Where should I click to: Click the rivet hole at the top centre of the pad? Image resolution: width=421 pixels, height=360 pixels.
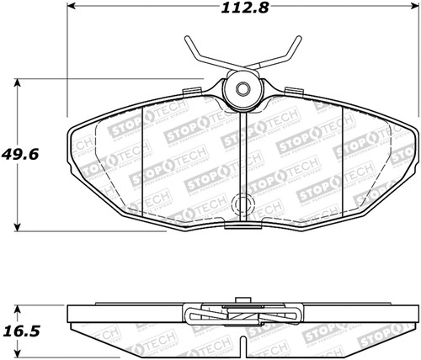[242, 91]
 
